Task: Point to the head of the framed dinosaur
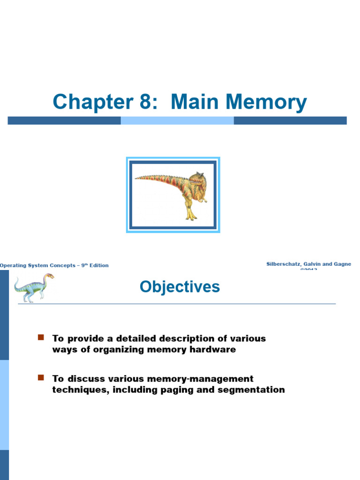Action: (197, 180)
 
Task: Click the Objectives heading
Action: (180, 286)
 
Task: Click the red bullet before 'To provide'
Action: (40, 337)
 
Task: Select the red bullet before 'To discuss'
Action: (40, 377)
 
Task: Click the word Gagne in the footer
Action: (341, 264)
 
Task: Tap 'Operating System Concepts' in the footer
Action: (37, 265)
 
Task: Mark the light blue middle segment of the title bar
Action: (177, 120)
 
